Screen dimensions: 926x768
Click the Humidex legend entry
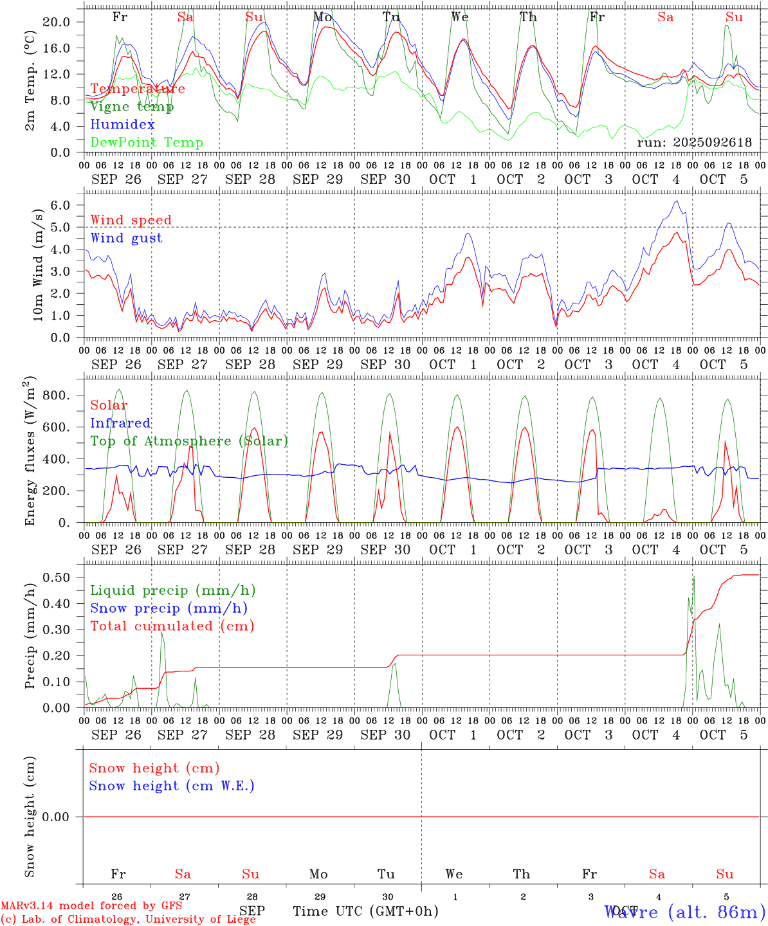tap(122, 125)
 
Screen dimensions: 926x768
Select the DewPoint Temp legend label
tap(147, 143)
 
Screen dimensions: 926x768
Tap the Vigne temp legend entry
tap(132, 107)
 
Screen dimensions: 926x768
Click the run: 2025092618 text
tap(695, 143)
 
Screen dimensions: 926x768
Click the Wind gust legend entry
tap(126, 238)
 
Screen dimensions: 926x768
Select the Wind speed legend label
tap(131, 220)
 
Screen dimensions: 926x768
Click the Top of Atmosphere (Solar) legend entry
tap(189, 441)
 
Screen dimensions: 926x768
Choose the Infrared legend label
tap(120, 423)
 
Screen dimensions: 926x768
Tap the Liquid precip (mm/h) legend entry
tap(173, 590)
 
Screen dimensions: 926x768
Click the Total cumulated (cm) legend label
tap(172, 626)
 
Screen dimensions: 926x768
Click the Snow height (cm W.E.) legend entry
tap(172, 786)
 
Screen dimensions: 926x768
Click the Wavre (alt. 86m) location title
tap(685, 912)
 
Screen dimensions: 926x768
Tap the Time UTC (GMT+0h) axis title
tap(366, 911)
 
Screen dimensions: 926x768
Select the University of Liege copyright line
tap(128, 920)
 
